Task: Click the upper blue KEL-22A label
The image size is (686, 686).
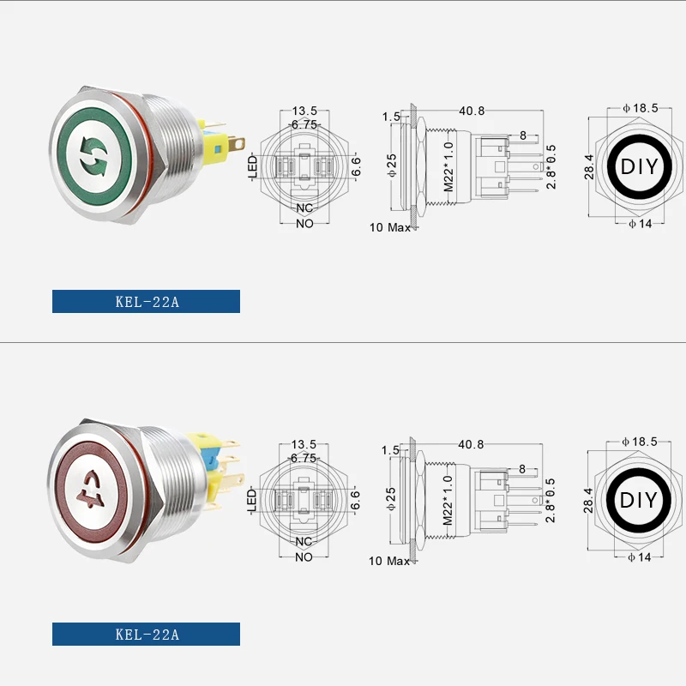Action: [146, 301]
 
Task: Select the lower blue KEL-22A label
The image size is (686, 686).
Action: [146, 635]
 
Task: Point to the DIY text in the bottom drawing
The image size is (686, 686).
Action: [639, 500]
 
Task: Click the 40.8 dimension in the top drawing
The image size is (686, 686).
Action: [472, 111]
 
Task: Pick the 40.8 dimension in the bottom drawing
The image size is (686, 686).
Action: [472, 444]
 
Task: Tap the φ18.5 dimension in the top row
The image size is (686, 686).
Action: [641, 108]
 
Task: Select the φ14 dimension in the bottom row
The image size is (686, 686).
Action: [640, 558]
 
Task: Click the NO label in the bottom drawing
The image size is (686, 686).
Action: [304, 557]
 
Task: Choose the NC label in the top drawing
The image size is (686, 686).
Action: [304, 208]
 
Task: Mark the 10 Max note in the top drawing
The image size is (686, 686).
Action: [389, 227]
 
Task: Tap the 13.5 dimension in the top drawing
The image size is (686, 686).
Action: [304, 111]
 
